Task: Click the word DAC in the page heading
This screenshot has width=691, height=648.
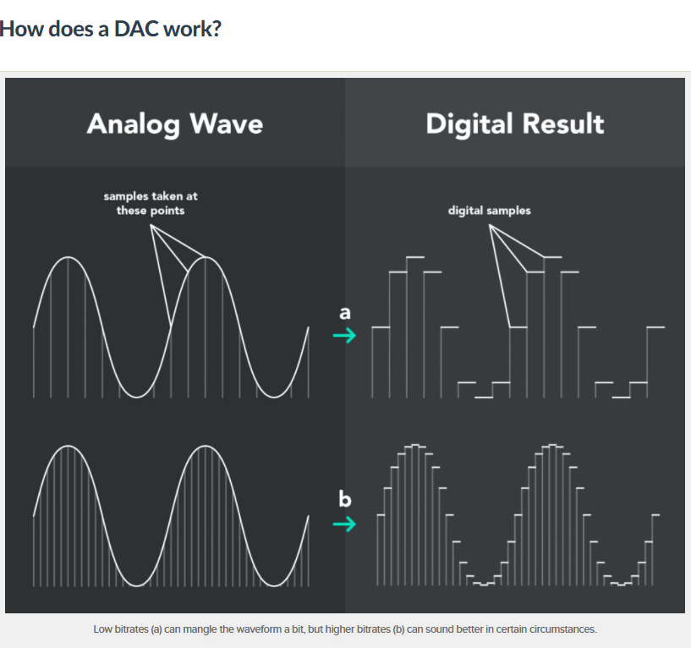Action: pos(136,29)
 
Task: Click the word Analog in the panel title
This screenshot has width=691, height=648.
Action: pos(134,124)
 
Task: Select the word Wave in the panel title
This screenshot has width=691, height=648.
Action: pos(227,124)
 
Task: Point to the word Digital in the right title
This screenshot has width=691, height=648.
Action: pos(469,124)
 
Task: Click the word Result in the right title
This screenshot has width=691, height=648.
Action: pos(563,124)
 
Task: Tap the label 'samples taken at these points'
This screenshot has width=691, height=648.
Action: pos(151,203)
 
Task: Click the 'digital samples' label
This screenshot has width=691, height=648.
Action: pos(489,211)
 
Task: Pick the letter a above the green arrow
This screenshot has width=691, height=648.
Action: pos(345,312)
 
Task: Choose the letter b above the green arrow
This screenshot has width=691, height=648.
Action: pos(344,498)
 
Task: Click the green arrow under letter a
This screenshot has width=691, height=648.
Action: pos(344,336)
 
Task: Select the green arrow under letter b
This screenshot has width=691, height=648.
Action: pos(344,524)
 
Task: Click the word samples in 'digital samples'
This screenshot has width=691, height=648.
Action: pos(508,211)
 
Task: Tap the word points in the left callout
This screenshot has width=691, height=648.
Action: pos(167,211)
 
